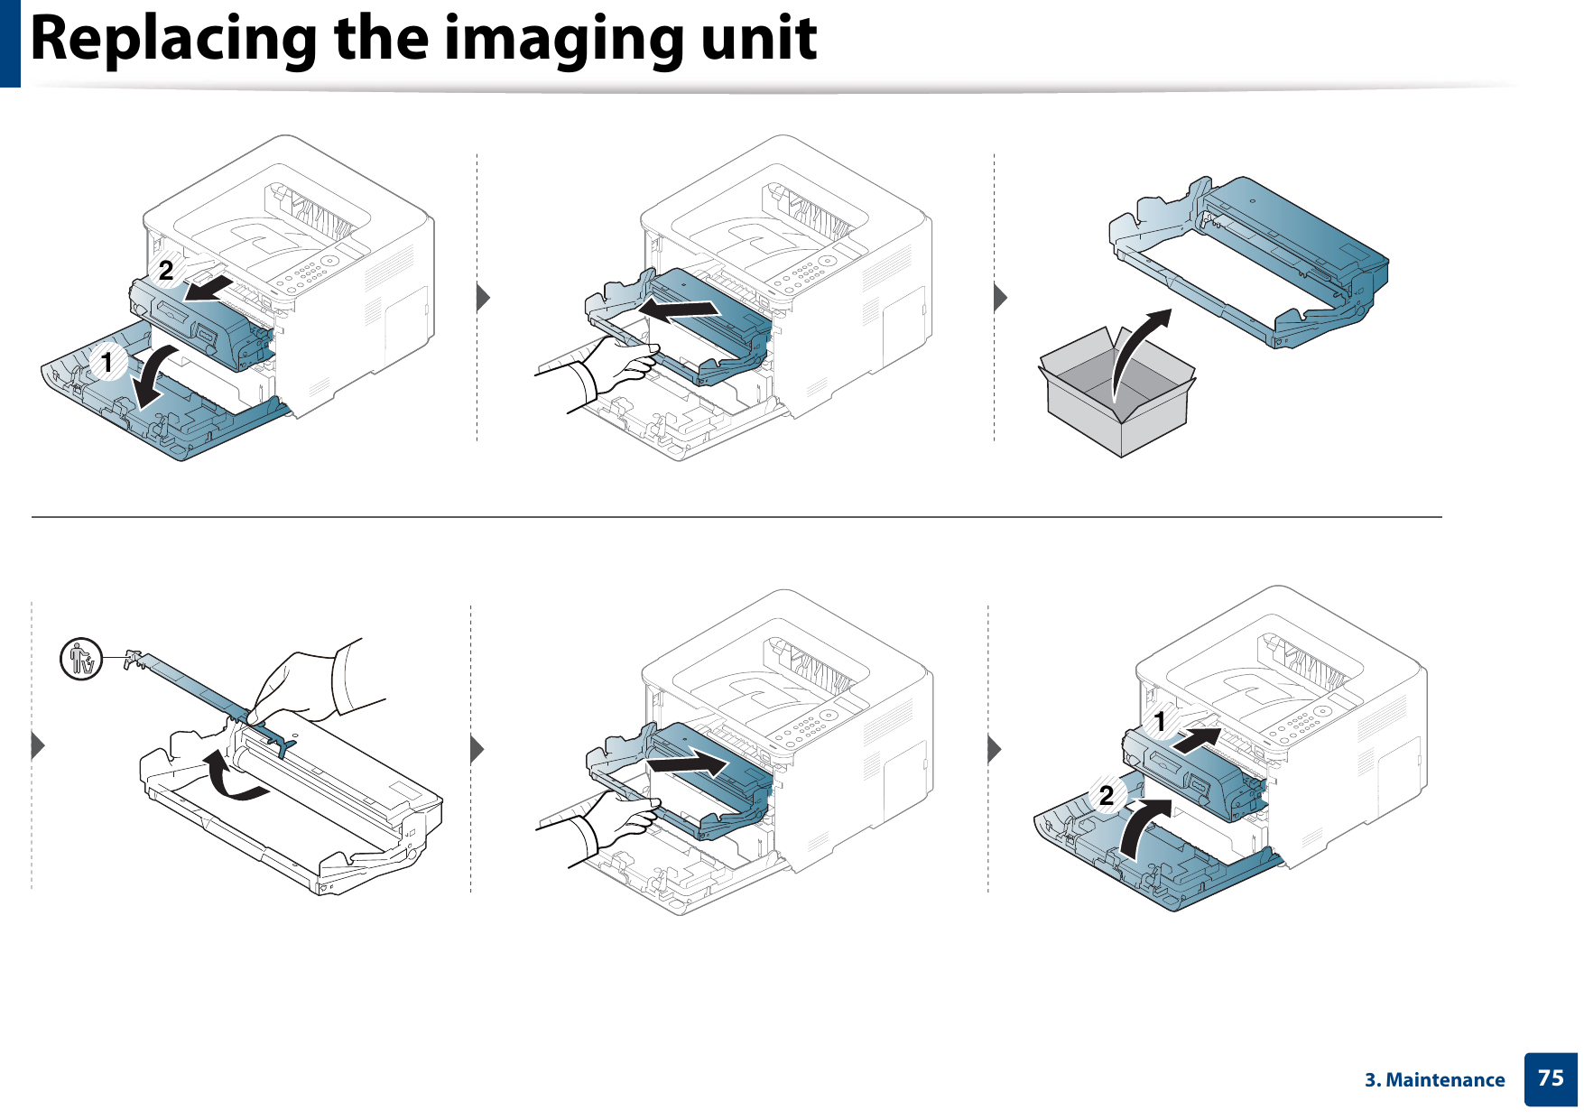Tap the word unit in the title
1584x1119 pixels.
click(x=758, y=40)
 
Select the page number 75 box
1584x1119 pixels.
click(x=1550, y=1078)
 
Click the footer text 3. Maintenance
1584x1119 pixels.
click(x=1434, y=1080)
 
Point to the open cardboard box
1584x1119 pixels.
click(x=1117, y=397)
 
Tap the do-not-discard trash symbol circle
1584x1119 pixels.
click(x=81, y=659)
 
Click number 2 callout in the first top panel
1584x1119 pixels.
click(x=166, y=270)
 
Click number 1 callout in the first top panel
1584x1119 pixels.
click(x=107, y=362)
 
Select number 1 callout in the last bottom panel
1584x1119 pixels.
click(x=1160, y=721)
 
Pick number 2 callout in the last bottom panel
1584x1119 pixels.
click(x=1107, y=795)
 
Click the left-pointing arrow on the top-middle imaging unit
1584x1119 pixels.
click(x=679, y=310)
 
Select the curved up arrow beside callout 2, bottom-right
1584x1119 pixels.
click(x=1143, y=826)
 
